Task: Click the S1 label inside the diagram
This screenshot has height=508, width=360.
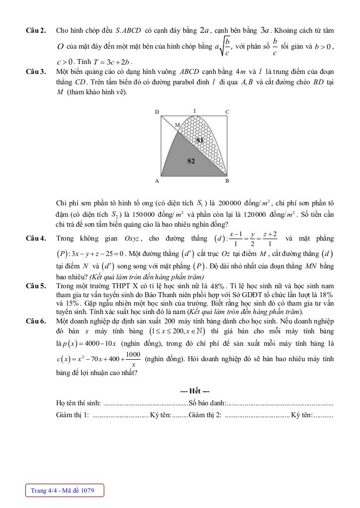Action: tap(200, 140)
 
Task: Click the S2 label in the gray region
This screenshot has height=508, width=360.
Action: tap(191, 161)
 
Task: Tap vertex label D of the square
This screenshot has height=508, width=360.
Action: tap(157, 112)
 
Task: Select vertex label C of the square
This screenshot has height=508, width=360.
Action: tap(227, 112)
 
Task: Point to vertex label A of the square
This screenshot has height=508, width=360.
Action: tap(157, 181)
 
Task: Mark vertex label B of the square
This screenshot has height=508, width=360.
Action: tap(227, 181)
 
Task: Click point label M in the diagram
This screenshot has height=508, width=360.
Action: tap(177, 125)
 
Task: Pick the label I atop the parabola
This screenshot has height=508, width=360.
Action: tap(194, 111)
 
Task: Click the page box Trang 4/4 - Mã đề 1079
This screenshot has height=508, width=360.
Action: tap(66, 491)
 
